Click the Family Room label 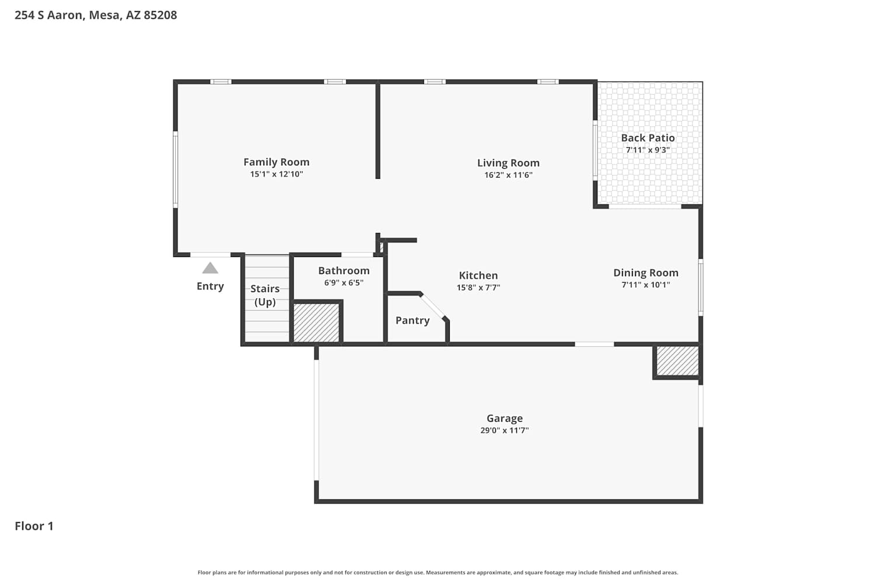pos(276,162)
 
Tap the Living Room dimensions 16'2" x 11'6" pos(509,175)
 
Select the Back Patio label pos(648,138)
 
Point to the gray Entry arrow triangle pos(210,267)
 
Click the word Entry pos(210,286)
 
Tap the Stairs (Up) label pos(265,296)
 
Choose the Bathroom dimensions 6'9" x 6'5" pos(344,283)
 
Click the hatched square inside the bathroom pos(316,323)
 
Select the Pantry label pos(412,321)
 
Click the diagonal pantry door pos(432,306)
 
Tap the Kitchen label pos(478,276)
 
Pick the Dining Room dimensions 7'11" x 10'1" pos(646,285)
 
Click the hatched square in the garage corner pos(677,361)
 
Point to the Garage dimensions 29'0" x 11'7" pos(505,430)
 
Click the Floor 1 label pos(34,526)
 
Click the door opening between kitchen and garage pos(595,344)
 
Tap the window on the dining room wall pos(701,287)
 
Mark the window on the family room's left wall pos(176,169)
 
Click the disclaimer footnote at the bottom pos(437,572)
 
